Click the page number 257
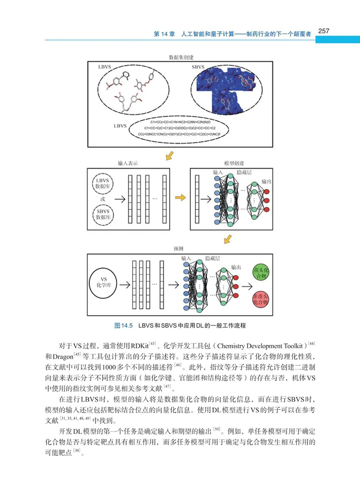click(324, 31)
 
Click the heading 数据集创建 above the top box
click(181, 58)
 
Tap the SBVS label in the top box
click(199, 67)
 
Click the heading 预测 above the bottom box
click(178, 249)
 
